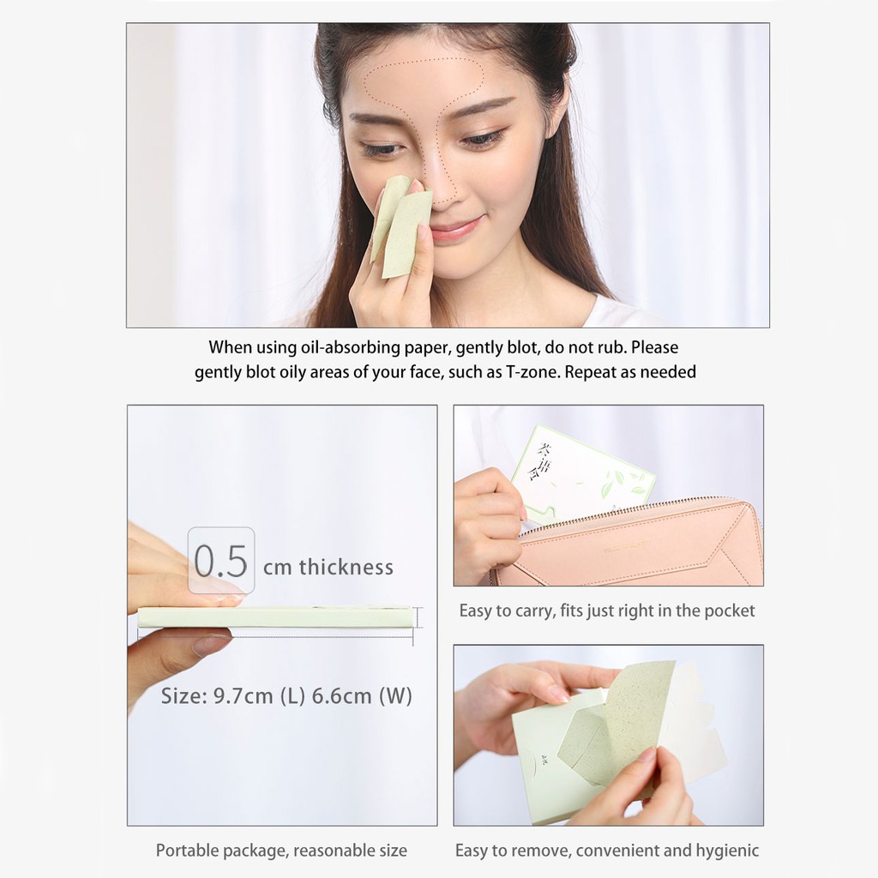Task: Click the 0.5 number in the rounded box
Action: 220,562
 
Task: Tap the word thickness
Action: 346,567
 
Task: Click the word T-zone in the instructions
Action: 527,372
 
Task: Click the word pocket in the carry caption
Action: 730,611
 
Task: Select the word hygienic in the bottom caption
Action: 726,851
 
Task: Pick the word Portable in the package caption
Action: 189,851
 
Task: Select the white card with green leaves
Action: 583,472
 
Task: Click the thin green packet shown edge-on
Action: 274,616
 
